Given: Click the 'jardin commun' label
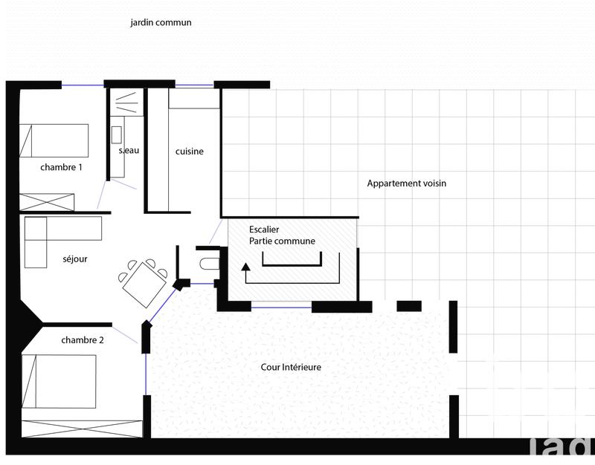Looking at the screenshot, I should (x=161, y=22).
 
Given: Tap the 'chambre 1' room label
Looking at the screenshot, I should (x=61, y=168).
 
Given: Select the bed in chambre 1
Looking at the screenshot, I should (x=54, y=140).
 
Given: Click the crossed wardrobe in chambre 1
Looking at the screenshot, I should (x=47, y=201).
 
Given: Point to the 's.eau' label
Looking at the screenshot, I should (x=129, y=151).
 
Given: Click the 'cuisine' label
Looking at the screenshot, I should (x=189, y=152).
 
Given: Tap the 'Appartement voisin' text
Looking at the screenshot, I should (x=406, y=183).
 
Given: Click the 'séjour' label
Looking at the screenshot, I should (x=75, y=259).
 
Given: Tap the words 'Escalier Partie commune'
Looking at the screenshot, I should (x=282, y=235).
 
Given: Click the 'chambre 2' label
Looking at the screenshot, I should (x=83, y=340).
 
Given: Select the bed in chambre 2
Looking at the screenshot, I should (x=59, y=381).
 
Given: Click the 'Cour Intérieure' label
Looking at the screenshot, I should (x=291, y=367).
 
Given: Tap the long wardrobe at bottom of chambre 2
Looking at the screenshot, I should (x=82, y=428).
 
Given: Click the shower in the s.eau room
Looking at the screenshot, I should (x=126, y=102).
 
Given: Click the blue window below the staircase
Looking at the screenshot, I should (x=281, y=306).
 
